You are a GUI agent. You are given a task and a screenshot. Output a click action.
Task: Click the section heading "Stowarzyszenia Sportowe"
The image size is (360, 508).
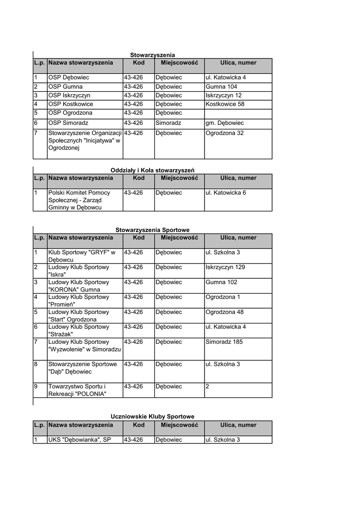point(152,230)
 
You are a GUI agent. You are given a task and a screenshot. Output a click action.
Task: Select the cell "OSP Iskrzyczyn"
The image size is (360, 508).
point(69,95)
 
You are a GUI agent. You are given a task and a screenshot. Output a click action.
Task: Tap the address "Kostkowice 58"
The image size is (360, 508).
point(225,104)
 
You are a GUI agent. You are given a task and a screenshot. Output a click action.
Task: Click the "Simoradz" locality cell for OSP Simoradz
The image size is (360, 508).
point(168,123)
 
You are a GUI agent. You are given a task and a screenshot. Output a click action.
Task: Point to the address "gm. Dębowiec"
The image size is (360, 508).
point(224,123)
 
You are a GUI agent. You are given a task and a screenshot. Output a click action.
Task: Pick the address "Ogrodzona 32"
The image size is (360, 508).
point(224,133)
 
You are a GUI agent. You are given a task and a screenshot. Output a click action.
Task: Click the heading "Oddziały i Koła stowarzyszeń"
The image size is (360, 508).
point(152,170)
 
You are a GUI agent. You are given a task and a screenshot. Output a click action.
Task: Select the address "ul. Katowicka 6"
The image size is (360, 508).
point(225,192)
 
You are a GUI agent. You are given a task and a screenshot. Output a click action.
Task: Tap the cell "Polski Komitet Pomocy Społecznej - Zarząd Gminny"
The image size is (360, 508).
point(79,200)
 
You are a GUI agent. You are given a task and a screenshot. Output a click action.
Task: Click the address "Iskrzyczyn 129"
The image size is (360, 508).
point(225,267)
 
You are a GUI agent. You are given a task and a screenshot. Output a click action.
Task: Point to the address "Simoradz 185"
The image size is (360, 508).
point(224,342)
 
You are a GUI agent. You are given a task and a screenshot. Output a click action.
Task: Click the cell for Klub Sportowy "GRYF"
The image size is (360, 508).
point(81,256)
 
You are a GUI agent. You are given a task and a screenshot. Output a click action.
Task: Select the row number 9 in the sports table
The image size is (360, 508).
point(36,386)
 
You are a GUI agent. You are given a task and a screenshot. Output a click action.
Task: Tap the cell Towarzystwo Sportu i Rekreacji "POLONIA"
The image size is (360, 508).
point(77,390)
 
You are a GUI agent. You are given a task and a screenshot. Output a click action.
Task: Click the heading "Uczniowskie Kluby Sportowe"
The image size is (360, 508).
point(152,417)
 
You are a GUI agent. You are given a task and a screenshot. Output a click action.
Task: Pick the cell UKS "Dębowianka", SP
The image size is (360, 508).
point(79,440)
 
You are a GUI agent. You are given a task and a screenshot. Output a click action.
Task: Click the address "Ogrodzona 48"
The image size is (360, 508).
point(224,312)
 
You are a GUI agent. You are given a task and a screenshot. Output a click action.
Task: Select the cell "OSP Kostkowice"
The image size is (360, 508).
point(71,104)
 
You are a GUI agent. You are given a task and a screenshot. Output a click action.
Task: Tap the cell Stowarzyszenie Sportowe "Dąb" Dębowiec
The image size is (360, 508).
point(82,368)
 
